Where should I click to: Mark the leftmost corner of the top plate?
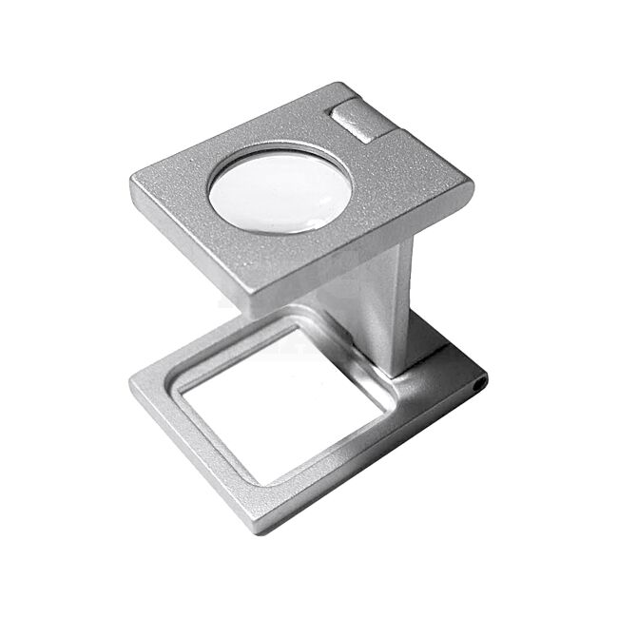129,181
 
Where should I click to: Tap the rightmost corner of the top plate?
473,190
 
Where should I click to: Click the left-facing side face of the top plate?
185,249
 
